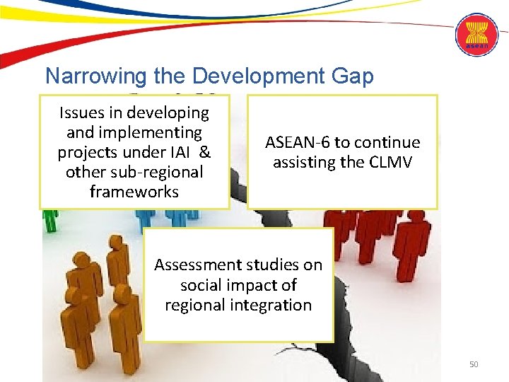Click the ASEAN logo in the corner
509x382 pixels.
(476, 35)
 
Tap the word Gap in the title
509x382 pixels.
(354, 76)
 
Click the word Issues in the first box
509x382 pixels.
(81, 112)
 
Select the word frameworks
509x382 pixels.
(134, 192)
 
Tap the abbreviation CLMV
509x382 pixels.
(390, 162)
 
